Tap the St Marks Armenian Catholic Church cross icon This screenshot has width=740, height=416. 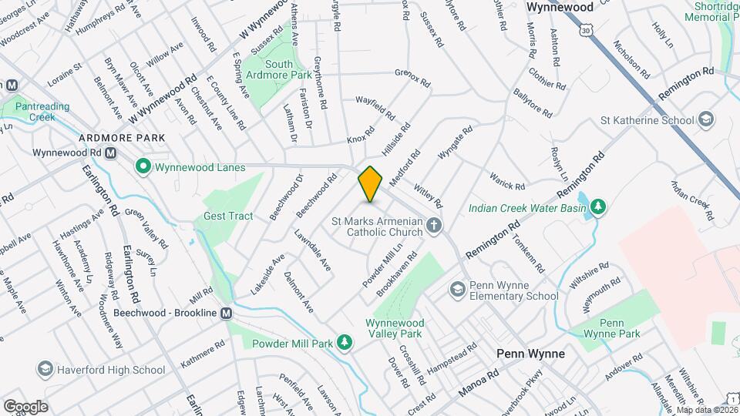click(x=434, y=226)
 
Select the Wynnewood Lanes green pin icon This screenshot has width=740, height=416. click(x=142, y=166)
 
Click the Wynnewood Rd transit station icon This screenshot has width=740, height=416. click(x=110, y=153)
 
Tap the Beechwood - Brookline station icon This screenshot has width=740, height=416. click(x=226, y=314)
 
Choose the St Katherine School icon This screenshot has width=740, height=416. click(x=705, y=120)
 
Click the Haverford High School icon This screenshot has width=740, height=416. click(x=45, y=370)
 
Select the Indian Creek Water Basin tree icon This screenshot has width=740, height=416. click(x=597, y=206)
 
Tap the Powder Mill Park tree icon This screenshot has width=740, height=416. click(x=347, y=341)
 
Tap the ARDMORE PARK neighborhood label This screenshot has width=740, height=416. click(x=122, y=137)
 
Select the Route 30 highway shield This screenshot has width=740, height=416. click(x=587, y=29)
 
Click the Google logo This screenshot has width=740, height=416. click(x=25, y=406)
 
